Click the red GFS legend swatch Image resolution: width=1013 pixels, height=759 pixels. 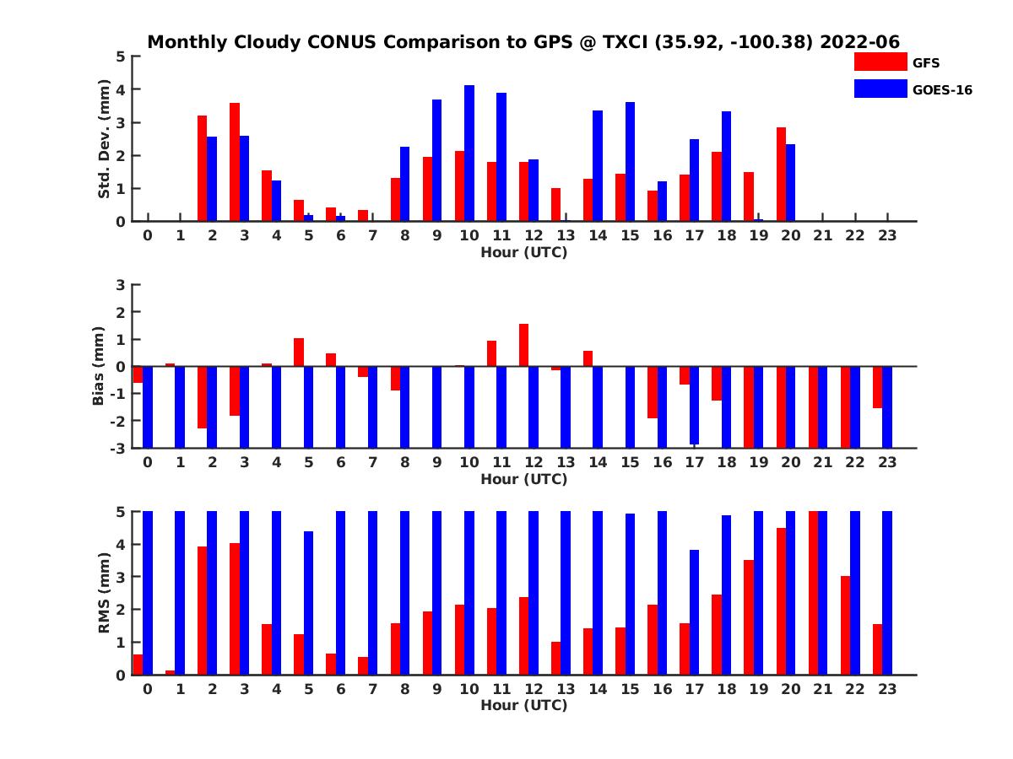click(880, 62)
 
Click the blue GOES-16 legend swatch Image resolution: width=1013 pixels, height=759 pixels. click(880, 89)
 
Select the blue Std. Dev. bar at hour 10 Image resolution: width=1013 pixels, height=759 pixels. click(469, 153)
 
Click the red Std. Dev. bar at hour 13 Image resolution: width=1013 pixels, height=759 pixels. click(555, 205)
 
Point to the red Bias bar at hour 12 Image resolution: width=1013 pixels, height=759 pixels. click(523, 345)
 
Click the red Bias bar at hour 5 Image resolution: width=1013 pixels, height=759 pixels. click(299, 353)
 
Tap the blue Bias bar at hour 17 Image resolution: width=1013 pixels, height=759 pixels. click(695, 405)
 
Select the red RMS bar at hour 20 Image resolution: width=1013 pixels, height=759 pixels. click(782, 601)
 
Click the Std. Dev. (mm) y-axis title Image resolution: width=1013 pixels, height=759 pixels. click(105, 139)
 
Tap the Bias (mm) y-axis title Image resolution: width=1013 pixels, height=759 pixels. click(98, 365)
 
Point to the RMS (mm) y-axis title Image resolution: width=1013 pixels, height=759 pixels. click(105, 593)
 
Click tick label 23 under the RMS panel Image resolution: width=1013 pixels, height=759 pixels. click(887, 688)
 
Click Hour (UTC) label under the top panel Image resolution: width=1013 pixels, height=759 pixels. click(523, 251)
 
